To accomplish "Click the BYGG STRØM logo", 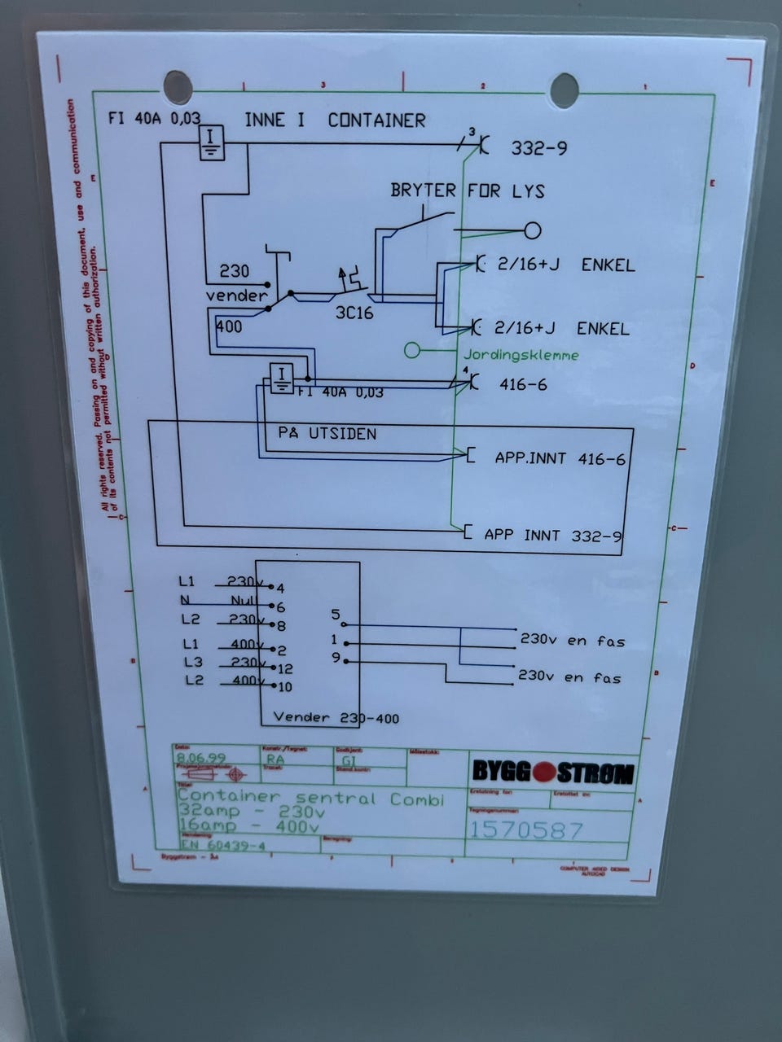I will [552, 772].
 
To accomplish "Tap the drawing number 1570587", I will [525, 830].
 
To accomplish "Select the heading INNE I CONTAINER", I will [335, 120].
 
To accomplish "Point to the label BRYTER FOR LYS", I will [467, 191].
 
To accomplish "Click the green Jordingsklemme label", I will [521, 355].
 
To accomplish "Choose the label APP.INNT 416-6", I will [560, 458].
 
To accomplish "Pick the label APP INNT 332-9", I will [553, 535].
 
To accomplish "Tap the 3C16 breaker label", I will [354, 313].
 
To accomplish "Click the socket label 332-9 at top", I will [539, 148].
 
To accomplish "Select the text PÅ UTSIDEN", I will [327, 433].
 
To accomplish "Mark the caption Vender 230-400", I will [336, 717].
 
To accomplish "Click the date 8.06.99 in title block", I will [201, 758].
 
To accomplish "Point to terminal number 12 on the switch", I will [284, 668].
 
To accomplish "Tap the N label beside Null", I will [185, 600].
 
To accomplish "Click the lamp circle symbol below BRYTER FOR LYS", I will [533, 230].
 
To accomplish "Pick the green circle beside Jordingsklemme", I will [412, 351].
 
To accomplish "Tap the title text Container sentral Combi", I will [310, 798].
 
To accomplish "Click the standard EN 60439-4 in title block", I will [212, 845].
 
